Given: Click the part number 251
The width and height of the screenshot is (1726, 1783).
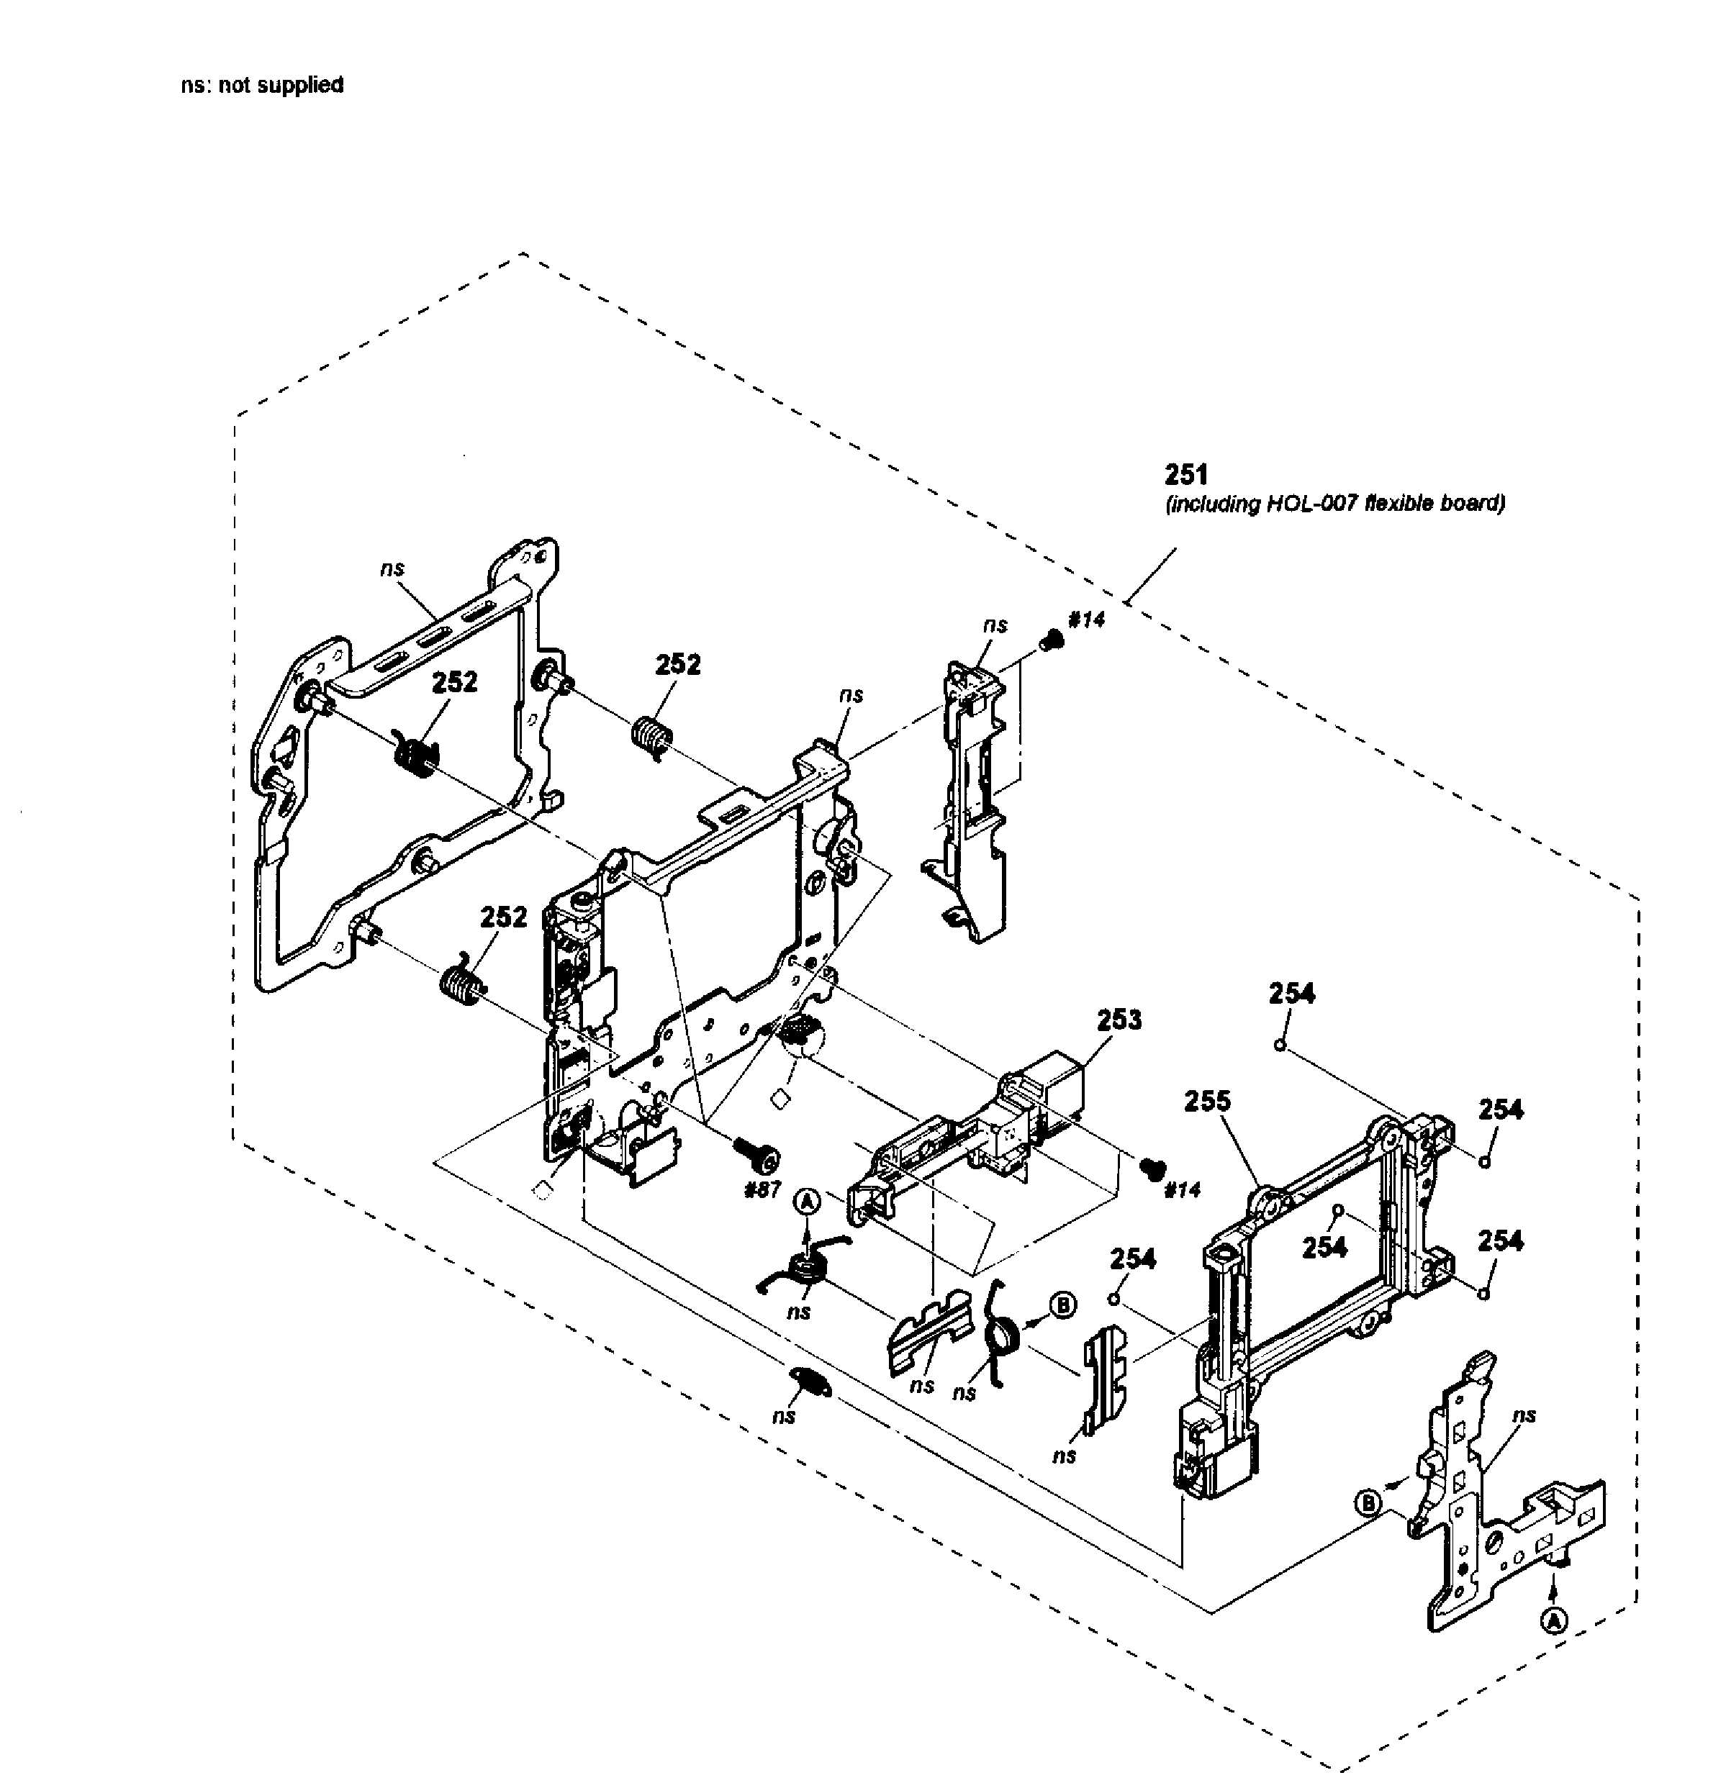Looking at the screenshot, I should (x=1185, y=475).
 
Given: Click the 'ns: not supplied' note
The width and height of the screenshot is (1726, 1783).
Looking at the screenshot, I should (x=262, y=86).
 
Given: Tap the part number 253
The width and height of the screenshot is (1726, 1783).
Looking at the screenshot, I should (x=1119, y=1020).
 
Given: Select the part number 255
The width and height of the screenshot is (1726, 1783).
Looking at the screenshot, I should (x=1207, y=1102).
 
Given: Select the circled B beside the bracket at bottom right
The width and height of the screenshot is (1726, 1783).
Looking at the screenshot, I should (x=1368, y=1503).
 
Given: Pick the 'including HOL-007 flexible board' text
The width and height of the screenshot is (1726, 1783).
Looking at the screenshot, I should (x=1334, y=504).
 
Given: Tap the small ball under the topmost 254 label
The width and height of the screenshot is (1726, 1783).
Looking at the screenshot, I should (x=1279, y=1045).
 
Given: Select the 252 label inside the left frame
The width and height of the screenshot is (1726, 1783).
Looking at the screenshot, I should (x=454, y=682).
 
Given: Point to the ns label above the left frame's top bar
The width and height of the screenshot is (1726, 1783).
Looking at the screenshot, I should (x=392, y=568).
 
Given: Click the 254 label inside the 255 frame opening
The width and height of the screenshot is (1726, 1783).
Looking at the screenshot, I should (x=1324, y=1247).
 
